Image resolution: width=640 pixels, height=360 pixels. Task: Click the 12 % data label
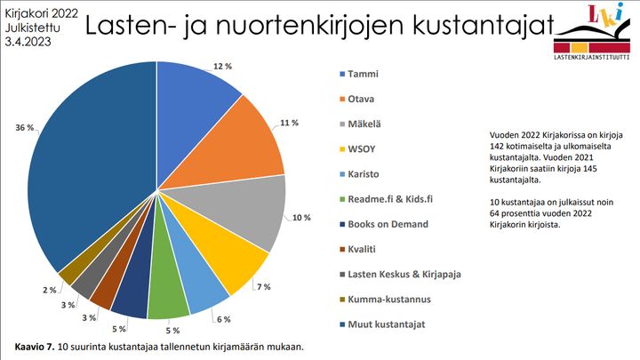click(x=222, y=66)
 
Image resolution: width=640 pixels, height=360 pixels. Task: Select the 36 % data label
click(x=25, y=128)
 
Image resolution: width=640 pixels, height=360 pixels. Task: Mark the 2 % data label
click(x=50, y=290)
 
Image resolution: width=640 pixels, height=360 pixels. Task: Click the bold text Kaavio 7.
click(x=37, y=346)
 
